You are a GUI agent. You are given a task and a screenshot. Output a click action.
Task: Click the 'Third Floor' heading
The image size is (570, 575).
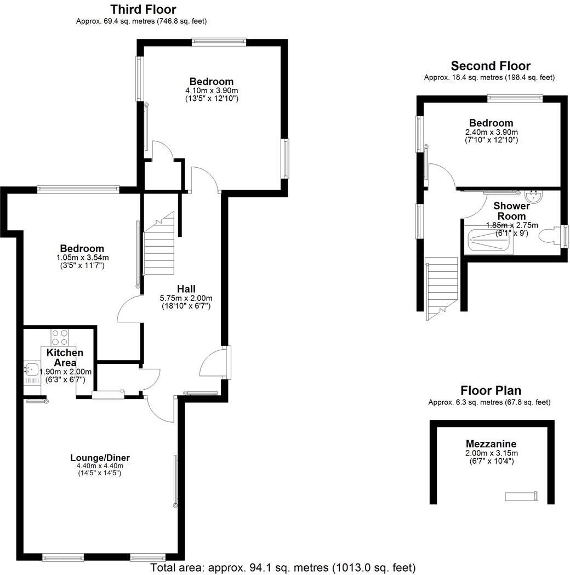(x=143, y=9)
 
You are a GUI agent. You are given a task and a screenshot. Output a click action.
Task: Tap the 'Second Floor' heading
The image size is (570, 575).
(x=490, y=66)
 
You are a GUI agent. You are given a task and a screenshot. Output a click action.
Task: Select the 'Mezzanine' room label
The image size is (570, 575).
(x=491, y=443)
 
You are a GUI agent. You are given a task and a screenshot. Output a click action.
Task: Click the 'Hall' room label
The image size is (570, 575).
(x=186, y=289)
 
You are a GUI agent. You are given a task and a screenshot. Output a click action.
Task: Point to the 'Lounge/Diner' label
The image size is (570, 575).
(x=100, y=458)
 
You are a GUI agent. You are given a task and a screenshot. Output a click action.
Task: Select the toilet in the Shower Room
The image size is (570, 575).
(x=549, y=236)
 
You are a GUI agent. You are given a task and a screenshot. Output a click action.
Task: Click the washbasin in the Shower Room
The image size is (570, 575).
(x=532, y=196)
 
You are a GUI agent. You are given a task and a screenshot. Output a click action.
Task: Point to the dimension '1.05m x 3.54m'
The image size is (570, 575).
(x=82, y=257)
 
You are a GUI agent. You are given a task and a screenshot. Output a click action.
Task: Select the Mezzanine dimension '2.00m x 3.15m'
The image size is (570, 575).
(x=491, y=453)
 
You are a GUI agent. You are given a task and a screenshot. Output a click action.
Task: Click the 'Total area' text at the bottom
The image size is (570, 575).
(x=283, y=567)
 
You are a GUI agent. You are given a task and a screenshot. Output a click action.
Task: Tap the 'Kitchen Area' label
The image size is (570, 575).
(x=65, y=357)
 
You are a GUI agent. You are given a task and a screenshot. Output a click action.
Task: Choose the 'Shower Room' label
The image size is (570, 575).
(x=511, y=211)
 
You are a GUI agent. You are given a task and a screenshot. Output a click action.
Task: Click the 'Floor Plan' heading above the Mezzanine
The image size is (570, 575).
(x=491, y=391)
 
